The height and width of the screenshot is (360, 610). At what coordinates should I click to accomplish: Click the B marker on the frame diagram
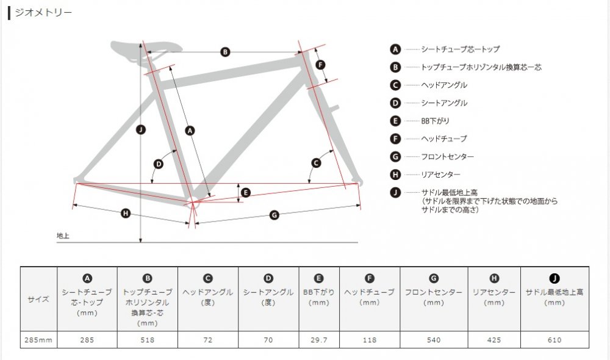(225, 52)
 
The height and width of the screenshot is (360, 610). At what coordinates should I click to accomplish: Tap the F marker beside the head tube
(321, 65)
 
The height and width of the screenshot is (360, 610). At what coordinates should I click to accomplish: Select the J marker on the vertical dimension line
(141, 129)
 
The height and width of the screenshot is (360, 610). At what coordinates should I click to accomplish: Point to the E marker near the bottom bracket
(245, 193)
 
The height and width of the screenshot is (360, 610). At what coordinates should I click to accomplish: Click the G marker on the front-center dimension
(274, 215)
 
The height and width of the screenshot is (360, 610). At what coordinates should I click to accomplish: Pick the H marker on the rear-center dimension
(125, 214)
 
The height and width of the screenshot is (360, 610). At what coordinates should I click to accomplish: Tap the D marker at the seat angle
(159, 164)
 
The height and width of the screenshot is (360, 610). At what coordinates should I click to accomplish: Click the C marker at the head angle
(316, 163)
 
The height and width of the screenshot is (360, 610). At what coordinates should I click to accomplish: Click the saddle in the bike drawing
(146, 50)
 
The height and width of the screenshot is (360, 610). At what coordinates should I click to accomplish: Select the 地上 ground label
(63, 236)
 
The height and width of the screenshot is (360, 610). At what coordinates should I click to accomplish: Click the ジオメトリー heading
(43, 12)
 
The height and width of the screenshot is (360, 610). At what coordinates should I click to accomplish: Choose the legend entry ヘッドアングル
(444, 85)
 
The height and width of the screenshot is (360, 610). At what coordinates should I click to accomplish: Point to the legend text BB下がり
(435, 121)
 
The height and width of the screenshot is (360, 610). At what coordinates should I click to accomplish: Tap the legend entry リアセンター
(440, 175)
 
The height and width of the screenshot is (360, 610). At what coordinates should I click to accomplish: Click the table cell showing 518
(148, 340)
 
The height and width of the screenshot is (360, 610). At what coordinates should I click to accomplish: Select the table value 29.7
(319, 340)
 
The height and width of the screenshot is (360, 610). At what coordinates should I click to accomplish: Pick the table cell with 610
(554, 340)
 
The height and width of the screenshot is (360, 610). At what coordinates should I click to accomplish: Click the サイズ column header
(38, 299)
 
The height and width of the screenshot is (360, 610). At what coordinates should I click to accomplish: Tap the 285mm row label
(38, 340)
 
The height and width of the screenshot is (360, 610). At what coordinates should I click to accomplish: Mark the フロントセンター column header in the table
(434, 292)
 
